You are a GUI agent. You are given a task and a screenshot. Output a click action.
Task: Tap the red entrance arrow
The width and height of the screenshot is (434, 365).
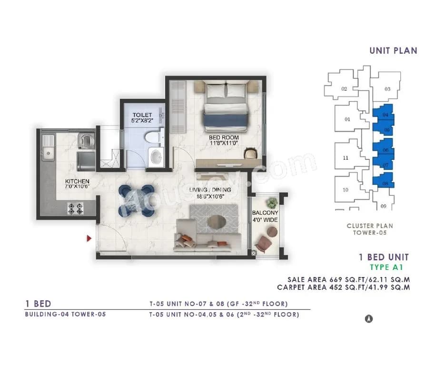(89, 238)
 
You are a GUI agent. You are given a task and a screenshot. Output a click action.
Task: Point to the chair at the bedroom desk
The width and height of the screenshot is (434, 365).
(251, 153)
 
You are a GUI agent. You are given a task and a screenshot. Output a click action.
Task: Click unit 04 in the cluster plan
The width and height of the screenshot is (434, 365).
(385, 115)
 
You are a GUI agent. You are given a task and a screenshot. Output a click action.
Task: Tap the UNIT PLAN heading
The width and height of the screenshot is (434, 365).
(393, 51)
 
